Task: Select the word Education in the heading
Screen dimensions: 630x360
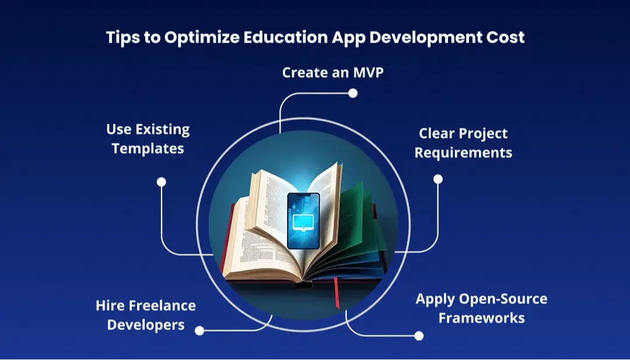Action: click(285, 37)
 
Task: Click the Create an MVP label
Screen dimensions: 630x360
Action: click(332, 73)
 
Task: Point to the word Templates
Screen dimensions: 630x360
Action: click(148, 149)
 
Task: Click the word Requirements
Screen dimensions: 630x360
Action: click(463, 153)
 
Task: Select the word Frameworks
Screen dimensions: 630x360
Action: click(481, 318)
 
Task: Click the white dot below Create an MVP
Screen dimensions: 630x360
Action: click(353, 93)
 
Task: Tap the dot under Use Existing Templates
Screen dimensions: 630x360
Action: click(161, 182)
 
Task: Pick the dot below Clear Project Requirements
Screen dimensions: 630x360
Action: click(438, 179)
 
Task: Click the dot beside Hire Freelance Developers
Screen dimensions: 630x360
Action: click(199, 331)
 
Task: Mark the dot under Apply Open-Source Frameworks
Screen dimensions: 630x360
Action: click(419, 336)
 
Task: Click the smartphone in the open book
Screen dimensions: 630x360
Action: click(303, 221)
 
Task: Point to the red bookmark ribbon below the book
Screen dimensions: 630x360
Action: click(337, 292)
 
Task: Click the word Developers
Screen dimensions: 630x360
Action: click(146, 325)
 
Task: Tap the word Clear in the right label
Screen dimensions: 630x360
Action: click(436, 134)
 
